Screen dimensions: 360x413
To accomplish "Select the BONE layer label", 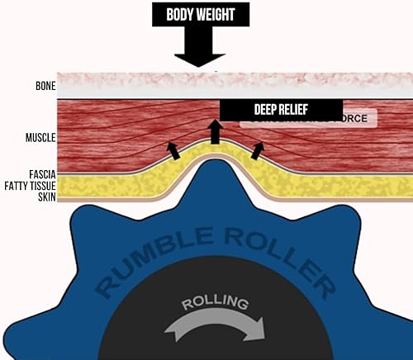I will coord(38,85).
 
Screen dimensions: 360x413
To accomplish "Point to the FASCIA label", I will coord(36,175).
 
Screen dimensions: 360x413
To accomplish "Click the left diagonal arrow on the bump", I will coord(173,149).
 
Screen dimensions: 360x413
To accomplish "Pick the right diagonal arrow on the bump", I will coord(258,149).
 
